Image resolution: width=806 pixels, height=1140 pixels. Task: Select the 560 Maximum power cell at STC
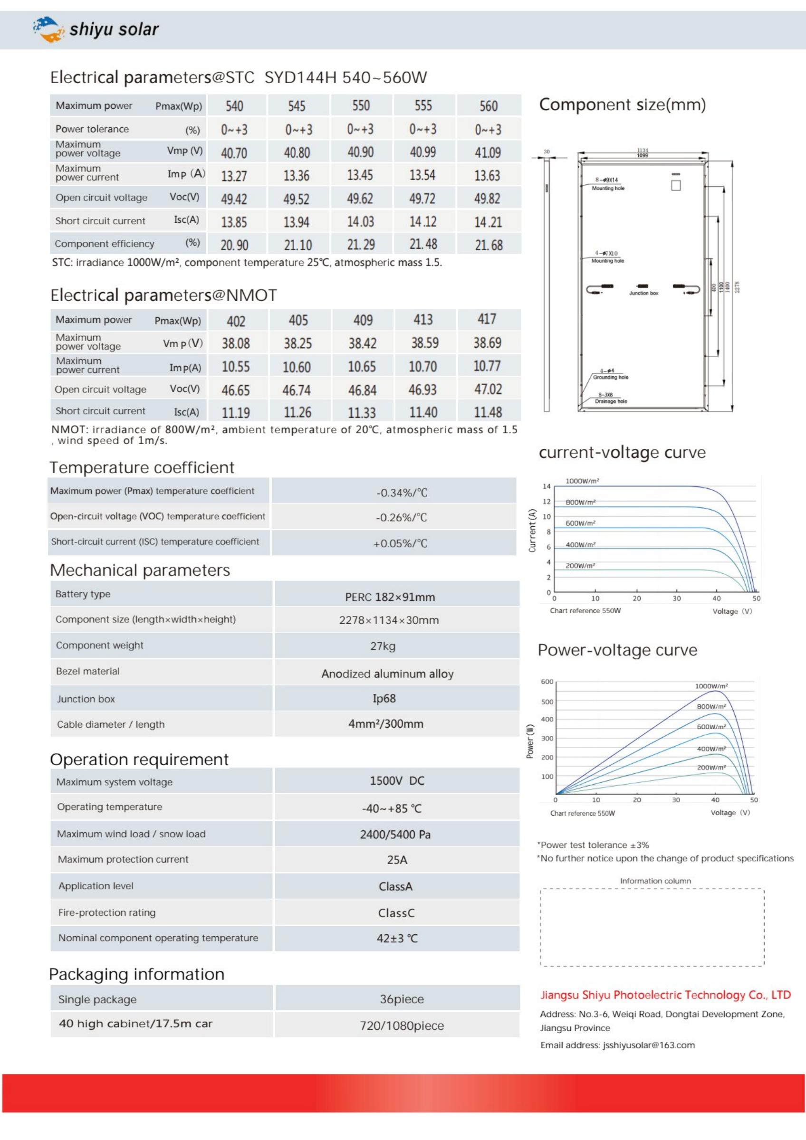point(488,106)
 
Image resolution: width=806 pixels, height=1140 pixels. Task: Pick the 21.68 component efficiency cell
point(488,245)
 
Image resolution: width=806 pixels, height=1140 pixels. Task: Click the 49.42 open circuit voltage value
point(233,199)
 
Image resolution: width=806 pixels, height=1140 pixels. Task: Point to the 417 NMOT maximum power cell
point(487,319)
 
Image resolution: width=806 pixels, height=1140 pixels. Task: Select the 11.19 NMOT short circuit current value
point(235,413)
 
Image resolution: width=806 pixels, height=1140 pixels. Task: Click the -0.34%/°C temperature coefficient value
point(401,493)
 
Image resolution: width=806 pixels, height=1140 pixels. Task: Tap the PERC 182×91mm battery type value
point(390,597)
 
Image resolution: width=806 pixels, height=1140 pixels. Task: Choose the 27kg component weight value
point(383,646)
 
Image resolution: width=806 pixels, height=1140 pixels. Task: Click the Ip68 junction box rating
point(384,699)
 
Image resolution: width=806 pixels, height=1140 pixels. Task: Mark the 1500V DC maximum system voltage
point(397,781)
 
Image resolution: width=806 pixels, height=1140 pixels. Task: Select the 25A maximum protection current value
point(397,860)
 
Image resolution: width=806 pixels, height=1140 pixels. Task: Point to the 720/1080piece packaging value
point(402,1026)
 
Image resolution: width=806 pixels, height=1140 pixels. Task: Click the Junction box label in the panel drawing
point(643,294)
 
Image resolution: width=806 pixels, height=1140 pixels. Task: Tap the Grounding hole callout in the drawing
point(610,377)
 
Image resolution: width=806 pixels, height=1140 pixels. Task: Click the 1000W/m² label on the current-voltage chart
point(582,481)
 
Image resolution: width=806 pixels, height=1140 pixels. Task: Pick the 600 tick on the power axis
point(547,682)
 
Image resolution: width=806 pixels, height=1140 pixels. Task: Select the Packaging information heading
point(136,974)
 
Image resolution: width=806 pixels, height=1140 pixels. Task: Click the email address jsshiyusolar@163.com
point(649,1045)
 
